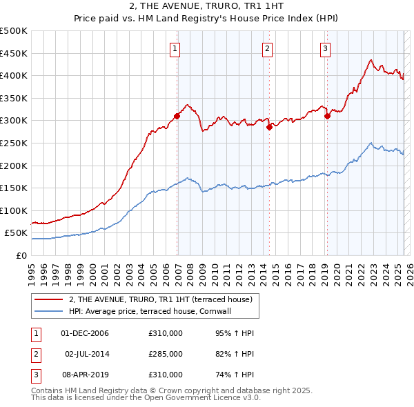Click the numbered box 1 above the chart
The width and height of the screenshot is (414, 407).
pos(176,48)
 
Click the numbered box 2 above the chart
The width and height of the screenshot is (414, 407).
pos(267,48)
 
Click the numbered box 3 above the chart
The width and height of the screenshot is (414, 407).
pos(325,48)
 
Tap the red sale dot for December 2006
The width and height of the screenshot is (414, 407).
pos(177,116)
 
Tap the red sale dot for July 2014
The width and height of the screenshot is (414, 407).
pos(269,127)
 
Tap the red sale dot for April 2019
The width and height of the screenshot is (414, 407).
pos(327,116)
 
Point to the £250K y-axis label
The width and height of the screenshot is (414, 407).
pos(14,143)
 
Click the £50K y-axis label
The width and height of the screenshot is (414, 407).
pos(17,233)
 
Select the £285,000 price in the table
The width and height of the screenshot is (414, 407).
pos(166,354)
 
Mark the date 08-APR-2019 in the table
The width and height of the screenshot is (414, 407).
pos(85,375)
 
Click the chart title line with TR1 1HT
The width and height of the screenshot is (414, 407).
pos(207,7)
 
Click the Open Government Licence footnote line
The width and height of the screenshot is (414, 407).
pos(146,398)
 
